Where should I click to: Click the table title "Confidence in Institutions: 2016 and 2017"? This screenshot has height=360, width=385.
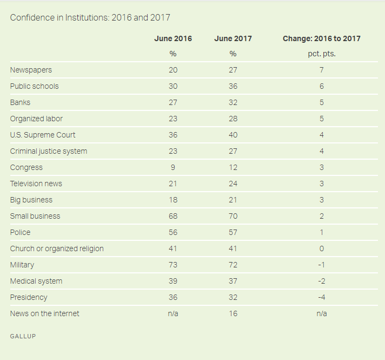click(x=90, y=18)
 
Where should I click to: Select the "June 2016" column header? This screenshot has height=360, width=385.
click(x=173, y=38)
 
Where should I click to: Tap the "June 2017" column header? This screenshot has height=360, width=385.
click(x=233, y=38)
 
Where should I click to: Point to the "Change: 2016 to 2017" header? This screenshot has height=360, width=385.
click(x=321, y=38)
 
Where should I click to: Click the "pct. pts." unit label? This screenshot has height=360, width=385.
click(x=321, y=54)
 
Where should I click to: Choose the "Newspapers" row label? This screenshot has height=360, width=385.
click(x=31, y=70)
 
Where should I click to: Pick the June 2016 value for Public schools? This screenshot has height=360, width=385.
click(x=173, y=86)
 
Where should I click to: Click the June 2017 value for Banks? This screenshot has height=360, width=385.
click(x=233, y=102)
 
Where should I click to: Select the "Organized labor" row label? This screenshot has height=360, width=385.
click(x=36, y=119)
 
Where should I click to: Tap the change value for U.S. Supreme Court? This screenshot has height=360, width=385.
click(x=321, y=135)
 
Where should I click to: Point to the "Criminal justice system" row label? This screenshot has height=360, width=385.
click(x=48, y=151)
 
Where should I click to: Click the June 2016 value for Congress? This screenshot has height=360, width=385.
click(x=173, y=167)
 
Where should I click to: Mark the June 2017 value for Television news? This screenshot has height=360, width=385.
click(x=233, y=184)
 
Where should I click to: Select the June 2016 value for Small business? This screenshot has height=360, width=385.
click(x=173, y=216)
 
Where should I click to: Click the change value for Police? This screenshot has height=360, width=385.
click(x=321, y=232)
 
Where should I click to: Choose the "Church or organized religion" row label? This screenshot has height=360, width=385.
click(x=56, y=248)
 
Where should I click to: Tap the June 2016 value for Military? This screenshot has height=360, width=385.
click(x=173, y=265)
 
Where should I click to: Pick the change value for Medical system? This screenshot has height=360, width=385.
click(x=321, y=281)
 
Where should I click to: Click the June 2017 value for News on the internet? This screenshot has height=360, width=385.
click(x=233, y=313)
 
